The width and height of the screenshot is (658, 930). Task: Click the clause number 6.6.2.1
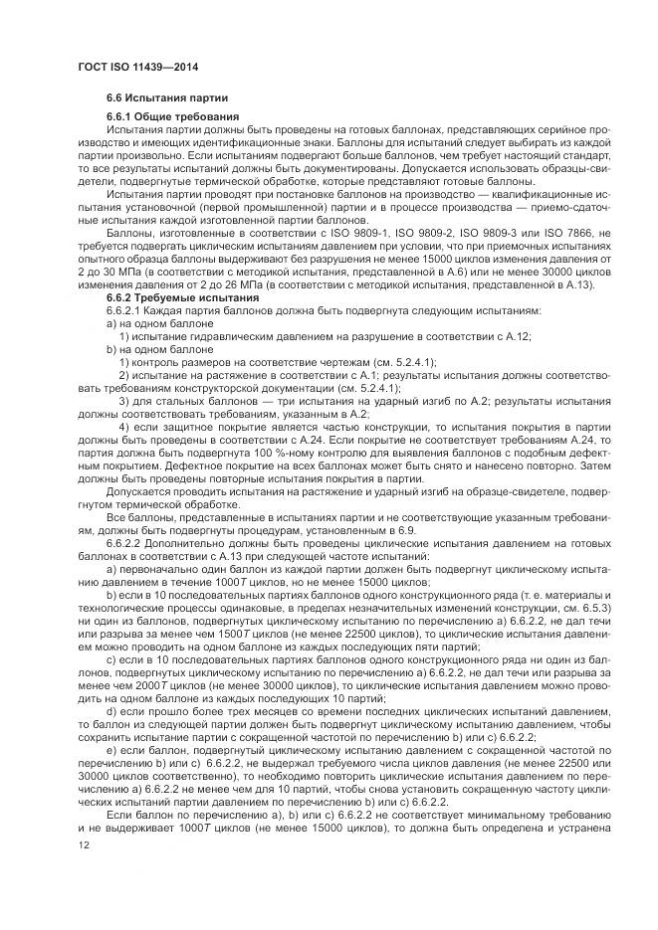pyautogui.click(x=126, y=310)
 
